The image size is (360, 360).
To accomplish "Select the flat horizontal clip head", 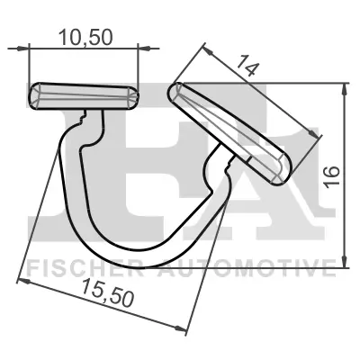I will point(85,96).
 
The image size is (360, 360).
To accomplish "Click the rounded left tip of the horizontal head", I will point(34,96).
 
